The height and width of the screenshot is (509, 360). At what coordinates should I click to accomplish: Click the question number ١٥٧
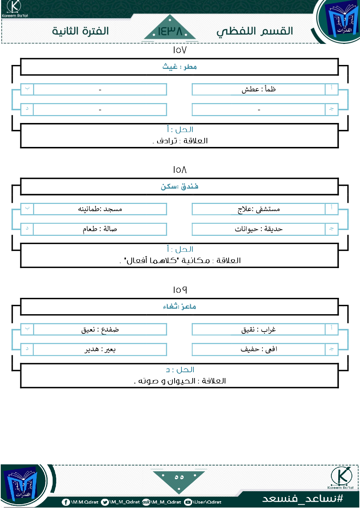pyautogui.click(x=180, y=50)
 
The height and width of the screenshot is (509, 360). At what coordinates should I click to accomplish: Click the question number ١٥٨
pyautogui.click(x=180, y=170)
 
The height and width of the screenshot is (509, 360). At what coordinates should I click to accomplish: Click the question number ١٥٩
pyautogui.click(x=180, y=290)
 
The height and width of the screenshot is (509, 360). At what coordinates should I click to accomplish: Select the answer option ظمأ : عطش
pyautogui.click(x=259, y=89)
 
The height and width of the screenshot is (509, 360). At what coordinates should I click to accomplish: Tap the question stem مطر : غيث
pyautogui.click(x=180, y=67)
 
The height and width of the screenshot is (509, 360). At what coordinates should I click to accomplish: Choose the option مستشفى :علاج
pyautogui.click(x=259, y=209)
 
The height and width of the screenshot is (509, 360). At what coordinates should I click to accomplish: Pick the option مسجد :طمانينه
pyautogui.click(x=100, y=209)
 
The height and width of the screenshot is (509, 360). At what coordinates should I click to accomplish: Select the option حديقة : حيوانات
pyautogui.click(x=259, y=229)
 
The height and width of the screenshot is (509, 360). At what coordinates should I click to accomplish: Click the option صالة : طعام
pyautogui.click(x=100, y=229)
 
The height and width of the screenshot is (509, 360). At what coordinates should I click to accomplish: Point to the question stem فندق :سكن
pyautogui.click(x=180, y=186)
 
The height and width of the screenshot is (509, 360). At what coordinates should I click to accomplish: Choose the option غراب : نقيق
pyautogui.click(x=259, y=329)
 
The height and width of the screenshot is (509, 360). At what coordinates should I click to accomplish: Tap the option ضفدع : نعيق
pyautogui.click(x=100, y=329)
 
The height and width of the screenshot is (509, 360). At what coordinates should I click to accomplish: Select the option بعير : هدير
pyautogui.click(x=100, y=349)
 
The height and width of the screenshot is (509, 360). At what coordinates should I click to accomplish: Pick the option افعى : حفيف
pyautogui.click(x=259, y=349)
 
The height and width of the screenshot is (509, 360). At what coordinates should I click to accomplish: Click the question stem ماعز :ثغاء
pyautogui.click(x=180, y=307)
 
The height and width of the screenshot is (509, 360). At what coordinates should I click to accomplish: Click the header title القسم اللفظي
pyautogui.click(x=255, y=32)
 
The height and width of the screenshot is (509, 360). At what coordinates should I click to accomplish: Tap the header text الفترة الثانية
pyautogui.click(x=81, y=31)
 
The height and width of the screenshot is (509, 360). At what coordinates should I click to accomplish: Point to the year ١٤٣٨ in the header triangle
pyautogui.click(x=170, y=32)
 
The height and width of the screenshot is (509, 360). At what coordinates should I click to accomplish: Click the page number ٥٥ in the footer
pyautogui.click(x=179, y=477)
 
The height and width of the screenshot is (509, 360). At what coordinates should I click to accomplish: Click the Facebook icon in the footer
pyautogui.click(x=66, y=502)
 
